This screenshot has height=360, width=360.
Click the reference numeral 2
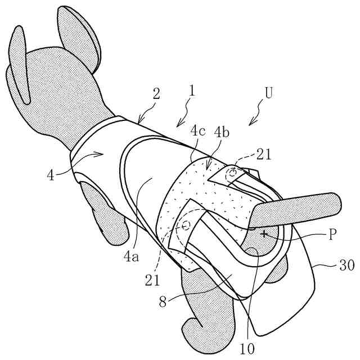156,93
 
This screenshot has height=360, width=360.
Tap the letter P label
333,234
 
